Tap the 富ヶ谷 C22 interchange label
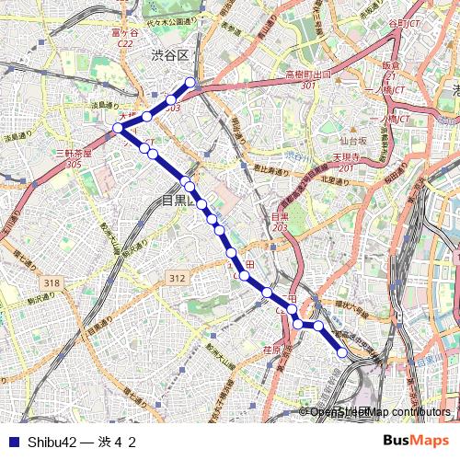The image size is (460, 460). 124,36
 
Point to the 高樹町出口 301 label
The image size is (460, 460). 307,79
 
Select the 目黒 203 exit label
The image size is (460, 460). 280,222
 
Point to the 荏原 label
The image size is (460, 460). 271,350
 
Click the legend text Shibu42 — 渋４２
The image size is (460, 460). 82,442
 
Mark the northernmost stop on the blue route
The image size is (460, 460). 191,83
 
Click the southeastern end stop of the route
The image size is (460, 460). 342,352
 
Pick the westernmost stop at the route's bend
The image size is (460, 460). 118,129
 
